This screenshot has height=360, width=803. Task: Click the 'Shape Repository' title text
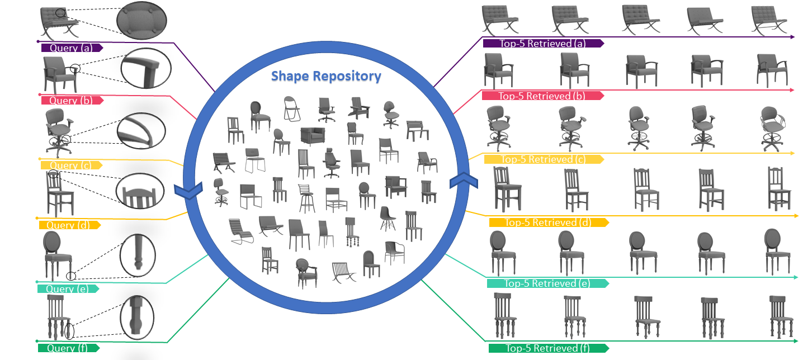click(x=326, y=76)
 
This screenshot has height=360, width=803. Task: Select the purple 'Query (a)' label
click(x=71, y=48)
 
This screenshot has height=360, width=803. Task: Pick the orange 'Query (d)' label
click(x=69, y=225)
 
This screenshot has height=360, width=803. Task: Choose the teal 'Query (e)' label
click(x=68, y=289)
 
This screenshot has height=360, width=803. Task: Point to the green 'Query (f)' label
click(x=68, y=348)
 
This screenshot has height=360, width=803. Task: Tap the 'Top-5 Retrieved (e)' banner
click(x=547, y=283)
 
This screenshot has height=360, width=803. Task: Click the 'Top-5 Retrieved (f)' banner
click(x=547, y=348)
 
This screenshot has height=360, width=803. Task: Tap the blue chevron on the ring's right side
click(x=464, y=181)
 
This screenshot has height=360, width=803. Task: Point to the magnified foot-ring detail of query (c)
click(x=141, y=132)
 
